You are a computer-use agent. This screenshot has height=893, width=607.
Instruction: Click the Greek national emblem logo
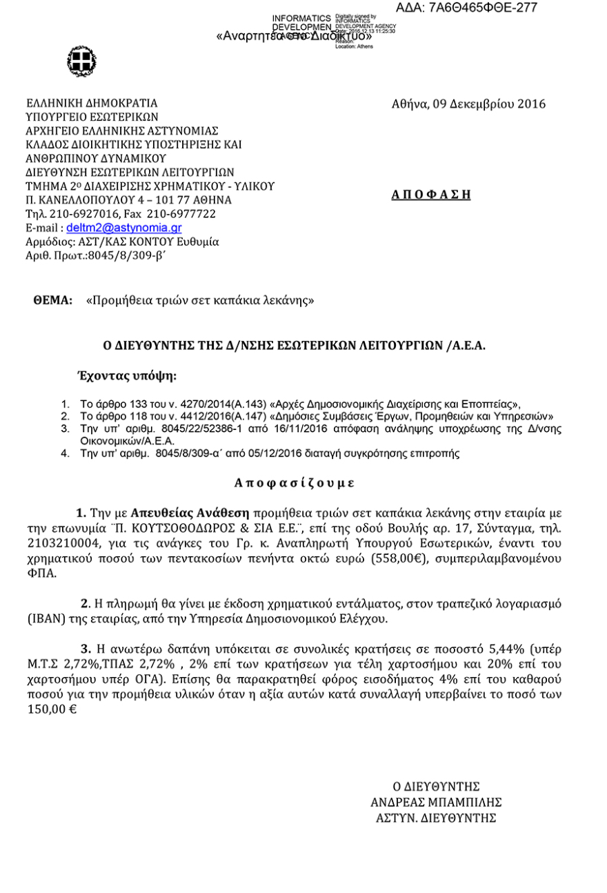tap(77, 60)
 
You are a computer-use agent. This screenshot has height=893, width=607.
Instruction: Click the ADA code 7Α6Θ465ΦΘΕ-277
tap(467, 8)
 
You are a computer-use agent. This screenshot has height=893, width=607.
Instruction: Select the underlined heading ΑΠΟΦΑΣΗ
tap(430, 195)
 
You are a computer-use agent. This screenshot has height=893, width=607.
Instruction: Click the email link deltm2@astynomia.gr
tap(124, 228)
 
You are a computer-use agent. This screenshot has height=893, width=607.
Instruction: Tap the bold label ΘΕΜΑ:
tap(53, 301)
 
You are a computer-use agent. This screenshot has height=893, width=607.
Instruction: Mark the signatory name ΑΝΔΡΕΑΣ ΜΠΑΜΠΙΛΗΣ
tap(436, 802)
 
